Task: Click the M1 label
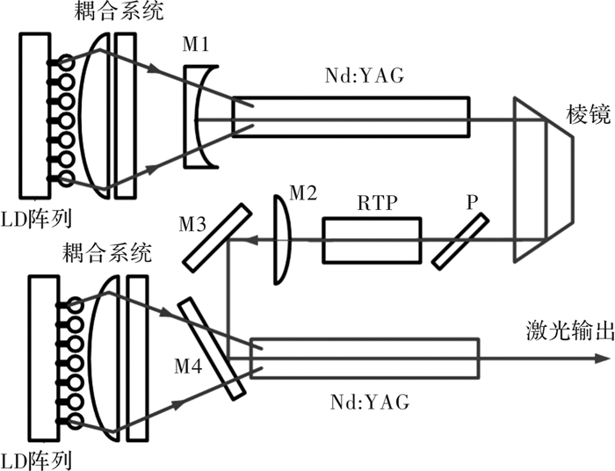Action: tap(196, 44)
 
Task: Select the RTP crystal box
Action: tap(372, 240)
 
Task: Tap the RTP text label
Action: tap(377, 203)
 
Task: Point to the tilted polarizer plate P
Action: tap(460, 241)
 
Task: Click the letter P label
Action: tap(473, 203)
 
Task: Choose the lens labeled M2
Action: tap(282, 238)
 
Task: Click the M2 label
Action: tap(303, 193)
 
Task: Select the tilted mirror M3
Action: tap(217, 237)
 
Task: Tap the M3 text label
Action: tap(192, 225)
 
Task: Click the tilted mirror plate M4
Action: tap(212, 349)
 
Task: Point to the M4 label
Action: tap(188, 367)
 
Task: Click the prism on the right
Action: tap(544, 179)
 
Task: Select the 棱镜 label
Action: tap(589, 114)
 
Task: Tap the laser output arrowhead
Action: tap(604, 358)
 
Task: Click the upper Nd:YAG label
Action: tap(365, 76)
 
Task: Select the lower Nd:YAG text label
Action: tap(370, 402)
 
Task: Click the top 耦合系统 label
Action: tap(119, 11)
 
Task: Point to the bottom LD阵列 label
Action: tap(36, 460)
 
